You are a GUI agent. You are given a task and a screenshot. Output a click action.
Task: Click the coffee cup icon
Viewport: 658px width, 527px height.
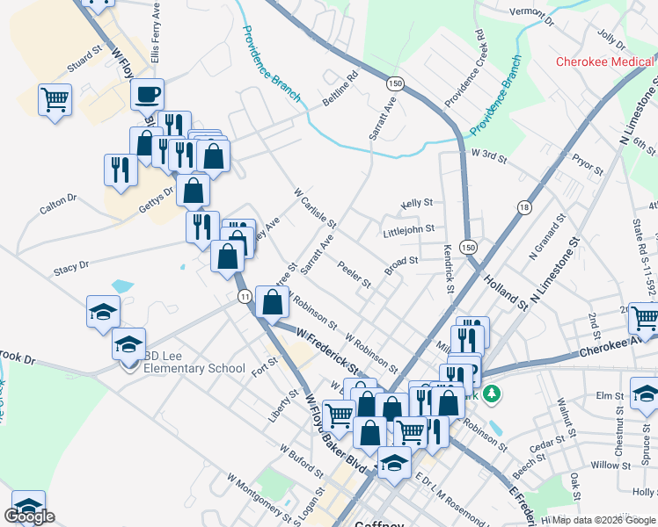point(148,93)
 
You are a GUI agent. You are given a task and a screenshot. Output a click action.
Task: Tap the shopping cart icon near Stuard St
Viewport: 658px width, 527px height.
point(55,99)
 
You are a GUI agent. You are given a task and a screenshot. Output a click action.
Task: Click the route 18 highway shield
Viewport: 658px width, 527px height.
point(525,207)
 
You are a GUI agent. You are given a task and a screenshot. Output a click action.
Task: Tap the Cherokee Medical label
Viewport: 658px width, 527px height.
point(606,61)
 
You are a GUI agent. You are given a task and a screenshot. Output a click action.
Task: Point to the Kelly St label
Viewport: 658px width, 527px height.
point(417,203)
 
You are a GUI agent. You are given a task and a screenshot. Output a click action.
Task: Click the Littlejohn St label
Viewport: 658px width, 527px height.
point(409,229)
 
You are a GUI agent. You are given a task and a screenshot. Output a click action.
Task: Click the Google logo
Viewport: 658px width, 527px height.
point(29,516)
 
